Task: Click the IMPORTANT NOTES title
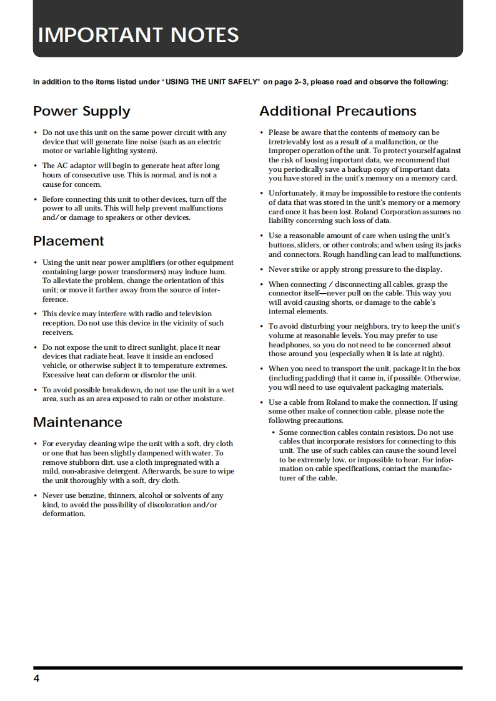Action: [138, 34]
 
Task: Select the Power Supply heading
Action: [81, 111]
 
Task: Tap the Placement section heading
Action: [68, 241]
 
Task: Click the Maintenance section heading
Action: [77, 422]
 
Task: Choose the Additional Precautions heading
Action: [337, 111]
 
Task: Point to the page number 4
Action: [36, 679]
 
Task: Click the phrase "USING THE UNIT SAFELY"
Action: [212, 82]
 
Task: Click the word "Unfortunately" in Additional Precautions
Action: [292, 193]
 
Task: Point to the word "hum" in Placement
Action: [219, 272]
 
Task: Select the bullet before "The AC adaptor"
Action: [35, 166]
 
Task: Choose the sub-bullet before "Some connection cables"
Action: [273, 433]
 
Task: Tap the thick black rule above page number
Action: [247, 668]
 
